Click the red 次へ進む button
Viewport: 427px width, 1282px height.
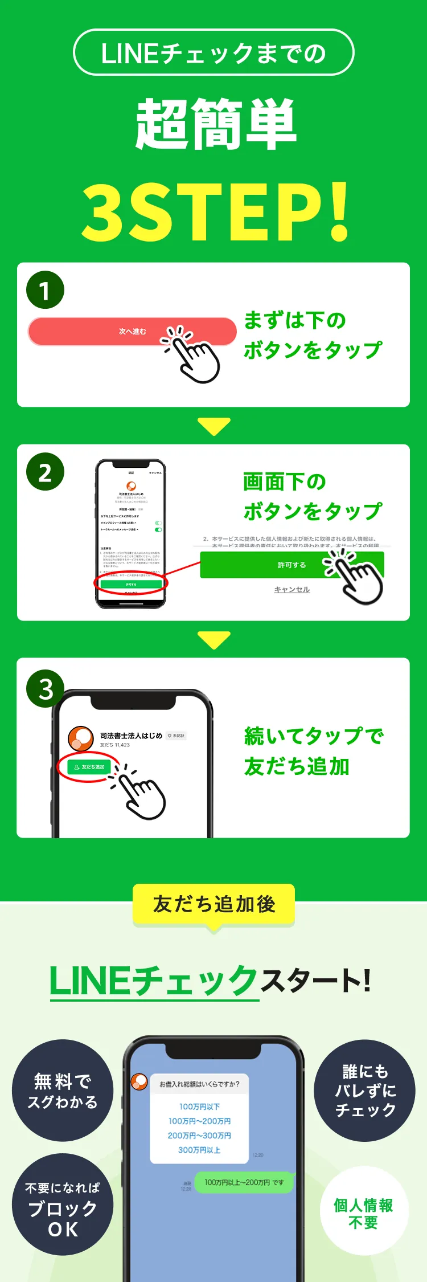[132, 332]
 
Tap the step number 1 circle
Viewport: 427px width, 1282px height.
[45, 290]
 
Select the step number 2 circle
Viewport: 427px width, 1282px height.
[45, 472]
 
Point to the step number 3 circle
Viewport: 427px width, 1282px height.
[45, 688]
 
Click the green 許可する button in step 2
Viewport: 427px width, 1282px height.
[291, 565]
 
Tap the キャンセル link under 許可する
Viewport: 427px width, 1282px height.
[292, 590]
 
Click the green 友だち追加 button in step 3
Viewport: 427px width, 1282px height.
[89, 767]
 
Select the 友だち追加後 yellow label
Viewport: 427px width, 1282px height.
[213, 904]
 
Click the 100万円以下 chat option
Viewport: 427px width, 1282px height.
[199, 1107]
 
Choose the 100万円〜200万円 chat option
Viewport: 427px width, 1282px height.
[199, 1121]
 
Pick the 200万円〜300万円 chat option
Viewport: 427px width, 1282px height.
[199, 1136]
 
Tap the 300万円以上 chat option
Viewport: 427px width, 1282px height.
[199, 1150]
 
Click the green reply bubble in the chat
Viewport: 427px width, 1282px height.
[244, 1182]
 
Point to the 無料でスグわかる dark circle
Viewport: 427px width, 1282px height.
[63, 1091]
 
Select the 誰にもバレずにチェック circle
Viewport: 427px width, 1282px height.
[364, 1091]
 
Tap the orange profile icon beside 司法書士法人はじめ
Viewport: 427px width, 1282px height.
[81, 738]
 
